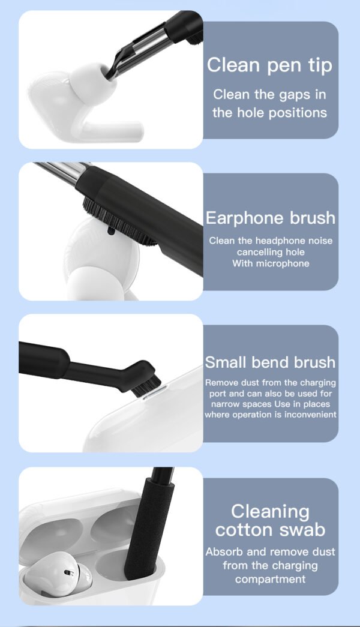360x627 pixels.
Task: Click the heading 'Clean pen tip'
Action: (x=269, y=65)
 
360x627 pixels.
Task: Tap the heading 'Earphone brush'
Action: (x=270, y=218)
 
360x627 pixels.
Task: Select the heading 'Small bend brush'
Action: (x=270, y=362)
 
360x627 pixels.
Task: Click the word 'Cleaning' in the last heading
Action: (x=270, y=512)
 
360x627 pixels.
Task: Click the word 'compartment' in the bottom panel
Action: (x=270, y=579)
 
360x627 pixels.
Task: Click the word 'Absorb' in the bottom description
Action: (x=223, y=551)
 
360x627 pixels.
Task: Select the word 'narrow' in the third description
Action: (x=221, y=404)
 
